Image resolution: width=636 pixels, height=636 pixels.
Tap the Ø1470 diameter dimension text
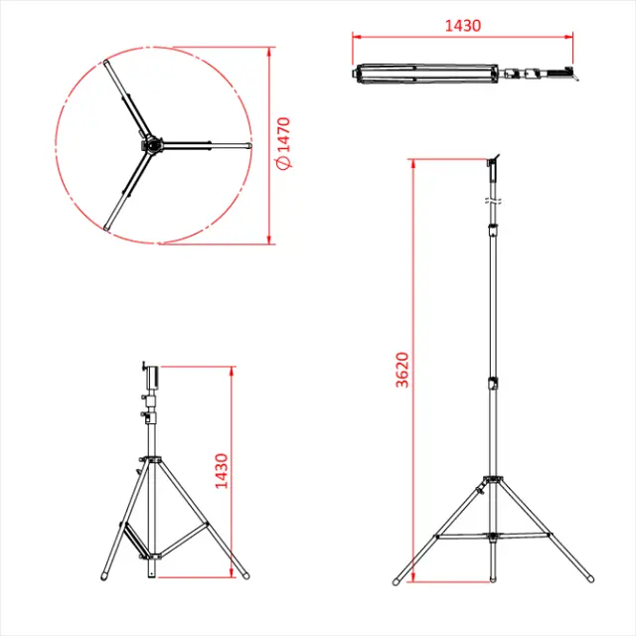click(x=283, y=143)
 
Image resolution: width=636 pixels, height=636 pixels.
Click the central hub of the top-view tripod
click(x=151, y=146)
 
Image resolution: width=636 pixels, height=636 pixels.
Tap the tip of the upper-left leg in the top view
click(x=105, y=64)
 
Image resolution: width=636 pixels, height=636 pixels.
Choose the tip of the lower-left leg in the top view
click(x=107, y=229)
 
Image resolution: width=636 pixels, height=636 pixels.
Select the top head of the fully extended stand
click(x=493, y=160)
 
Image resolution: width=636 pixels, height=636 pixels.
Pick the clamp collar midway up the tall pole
click(x=493, y=384)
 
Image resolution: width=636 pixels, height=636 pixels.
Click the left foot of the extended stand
click(x=397, y=579)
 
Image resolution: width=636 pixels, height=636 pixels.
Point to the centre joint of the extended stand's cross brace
click(x=493, y=537)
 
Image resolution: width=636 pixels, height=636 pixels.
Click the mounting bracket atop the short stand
click(x=152, y=375)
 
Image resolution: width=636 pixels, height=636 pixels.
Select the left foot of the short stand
click(x=106, y=576)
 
